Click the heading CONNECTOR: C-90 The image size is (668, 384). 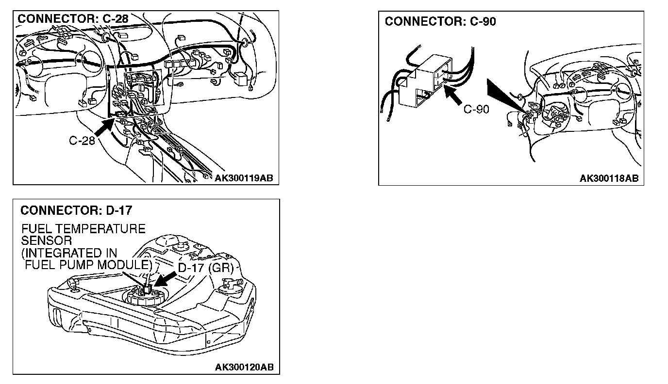[x=440, y=21]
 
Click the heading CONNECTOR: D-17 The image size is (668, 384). [x=76, y=210]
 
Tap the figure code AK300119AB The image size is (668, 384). [x=244, y=178]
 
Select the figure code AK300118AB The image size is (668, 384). [x=609, y=178]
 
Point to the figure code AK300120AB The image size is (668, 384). [x=244, y=367]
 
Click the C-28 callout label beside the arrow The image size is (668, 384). [x=82, y=141]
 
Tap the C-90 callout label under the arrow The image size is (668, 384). [x=476, y=109]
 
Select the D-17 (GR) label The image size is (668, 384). [x=206, y=268]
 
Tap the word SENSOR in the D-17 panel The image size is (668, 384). [x=46, y=241]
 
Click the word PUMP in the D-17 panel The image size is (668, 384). [x=77, y=265]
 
